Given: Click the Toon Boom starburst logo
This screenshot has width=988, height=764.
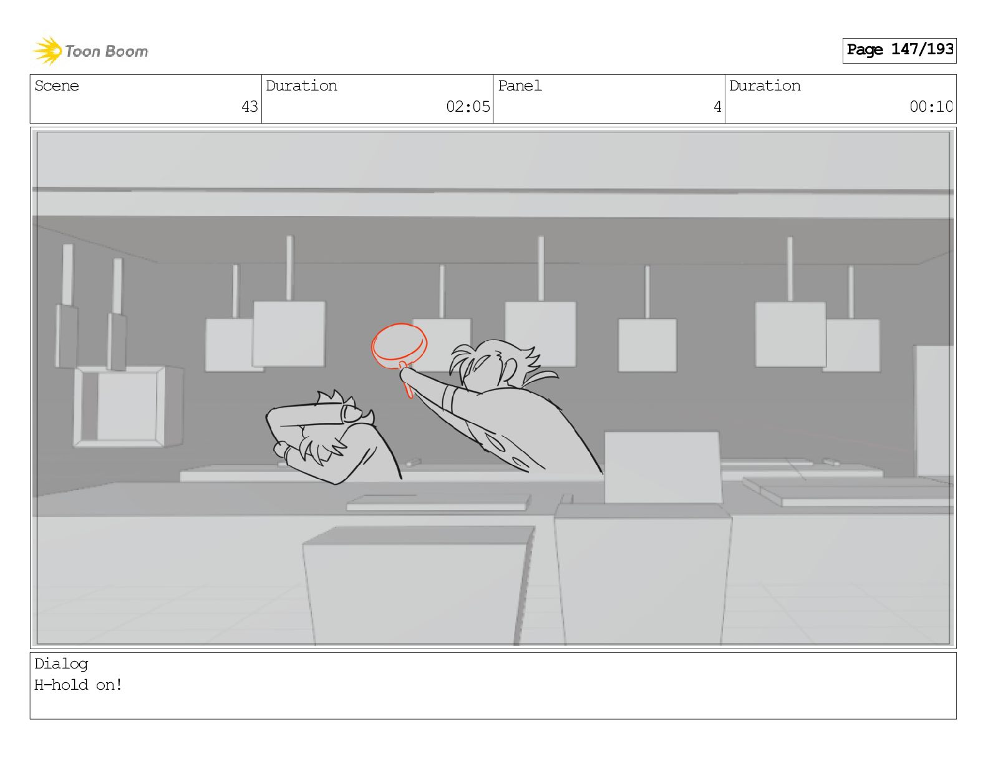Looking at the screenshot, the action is point(47,51).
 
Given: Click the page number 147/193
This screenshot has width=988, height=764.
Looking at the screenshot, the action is point(922,49).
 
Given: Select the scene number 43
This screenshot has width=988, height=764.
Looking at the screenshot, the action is point(249,107).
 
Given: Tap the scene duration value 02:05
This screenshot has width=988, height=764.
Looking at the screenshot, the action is point(468,107).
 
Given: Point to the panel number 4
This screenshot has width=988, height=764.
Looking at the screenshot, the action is point(717,107).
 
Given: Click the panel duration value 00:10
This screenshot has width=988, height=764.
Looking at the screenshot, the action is point(931,107).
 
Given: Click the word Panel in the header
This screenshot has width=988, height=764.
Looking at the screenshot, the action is point(520,86).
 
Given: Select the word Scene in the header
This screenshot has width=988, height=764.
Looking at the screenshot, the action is point(57,86).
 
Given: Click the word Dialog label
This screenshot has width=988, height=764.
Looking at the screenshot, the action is point(61,664).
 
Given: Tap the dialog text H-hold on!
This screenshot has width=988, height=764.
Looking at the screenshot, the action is point(78,685).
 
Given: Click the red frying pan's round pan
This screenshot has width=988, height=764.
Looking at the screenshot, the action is point(399,345).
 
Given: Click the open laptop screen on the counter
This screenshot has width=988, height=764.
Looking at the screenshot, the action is point(662,468).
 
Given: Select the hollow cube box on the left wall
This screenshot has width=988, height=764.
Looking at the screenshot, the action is point(128,406).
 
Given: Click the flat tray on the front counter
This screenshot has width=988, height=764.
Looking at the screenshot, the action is point(438,502).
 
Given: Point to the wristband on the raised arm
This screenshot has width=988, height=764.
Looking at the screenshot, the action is point(450,398).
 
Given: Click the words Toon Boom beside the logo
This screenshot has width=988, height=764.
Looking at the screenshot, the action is point(107,51).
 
